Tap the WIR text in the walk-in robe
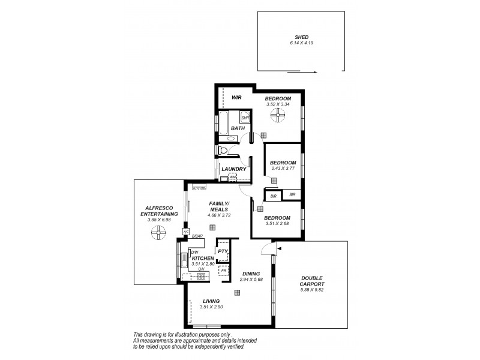(236, 98)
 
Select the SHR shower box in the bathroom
(245, 118)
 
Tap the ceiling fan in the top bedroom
(278, 116)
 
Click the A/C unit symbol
(186, 231)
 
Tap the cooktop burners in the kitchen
(201, 276)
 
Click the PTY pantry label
(222, 251)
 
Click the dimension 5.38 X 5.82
(312, 290)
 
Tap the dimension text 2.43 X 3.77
(283, 169)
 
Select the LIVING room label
(211, 301)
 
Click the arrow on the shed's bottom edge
(302, 71)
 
